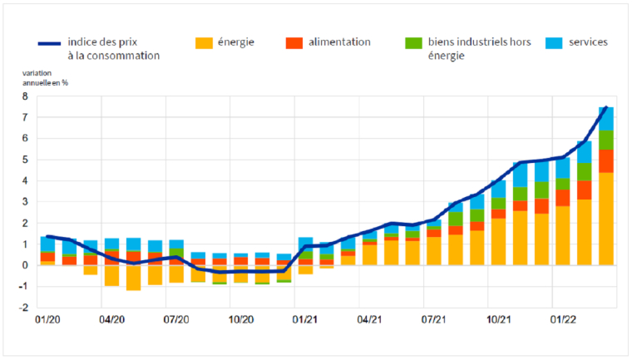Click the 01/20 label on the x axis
pyautogui.click(x=47, y=318)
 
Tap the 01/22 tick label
pyautogui.click(x=565, y=318)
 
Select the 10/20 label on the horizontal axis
pyautogui.click(x=241, y=318)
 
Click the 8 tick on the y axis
pyautogui.click(x=25, y=96)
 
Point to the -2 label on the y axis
pyautogui.click(x=23, y=308)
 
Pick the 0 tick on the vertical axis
pyautogui.click(x=25, y=265)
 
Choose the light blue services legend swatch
pyautogui.click(x=555, y=42)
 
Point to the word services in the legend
pyautogui.click(x=589, y=42)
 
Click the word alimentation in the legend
pyautogui.click(x=339, y=42)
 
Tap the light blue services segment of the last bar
pyautogui.click(x=606, y=119)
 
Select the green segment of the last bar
pyautogui.click(x=606, y=140)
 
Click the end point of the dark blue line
pyautogui.click(x=607, y=107)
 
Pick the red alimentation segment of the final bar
pyautogui.click(x=606, y=160)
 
